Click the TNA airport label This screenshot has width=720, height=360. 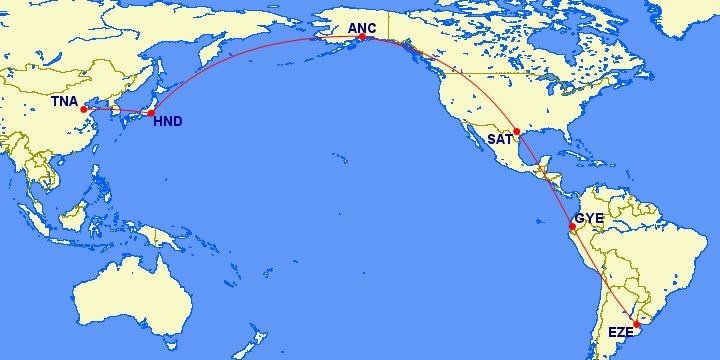[x=66, y=101]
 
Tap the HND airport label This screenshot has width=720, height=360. [x=167, y=122]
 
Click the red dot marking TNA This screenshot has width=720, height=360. [x=83, y=110]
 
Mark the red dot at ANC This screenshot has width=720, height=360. [x=362, y=37]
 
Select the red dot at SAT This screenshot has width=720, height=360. [x=517, y=132]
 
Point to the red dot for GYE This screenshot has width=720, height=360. [x=572, y=227]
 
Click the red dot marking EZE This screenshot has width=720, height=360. [x=637, y=324]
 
